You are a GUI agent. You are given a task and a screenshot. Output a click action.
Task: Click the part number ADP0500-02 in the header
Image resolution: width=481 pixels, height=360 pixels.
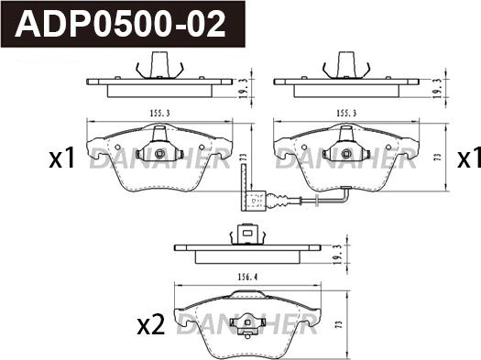[121, 24]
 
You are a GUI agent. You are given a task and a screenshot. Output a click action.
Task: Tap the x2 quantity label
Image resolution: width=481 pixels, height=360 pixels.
[151, 326]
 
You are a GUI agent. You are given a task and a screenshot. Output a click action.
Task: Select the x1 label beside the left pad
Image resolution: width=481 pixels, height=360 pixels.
[62, 158]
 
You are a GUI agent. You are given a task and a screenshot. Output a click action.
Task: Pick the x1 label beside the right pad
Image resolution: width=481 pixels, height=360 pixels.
[469, 158]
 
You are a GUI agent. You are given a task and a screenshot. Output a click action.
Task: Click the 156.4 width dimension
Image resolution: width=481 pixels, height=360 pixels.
[247, 277]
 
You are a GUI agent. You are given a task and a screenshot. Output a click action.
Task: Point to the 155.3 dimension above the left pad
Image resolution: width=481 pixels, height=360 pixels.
[159, 114]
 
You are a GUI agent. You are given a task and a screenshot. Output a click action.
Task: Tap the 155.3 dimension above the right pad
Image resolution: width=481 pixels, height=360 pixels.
[346, 114]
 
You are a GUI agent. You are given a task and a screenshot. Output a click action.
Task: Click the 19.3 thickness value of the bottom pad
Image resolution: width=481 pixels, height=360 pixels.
[338, 255]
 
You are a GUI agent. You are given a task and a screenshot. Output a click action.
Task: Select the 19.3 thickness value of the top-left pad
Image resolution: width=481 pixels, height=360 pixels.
[243, 88]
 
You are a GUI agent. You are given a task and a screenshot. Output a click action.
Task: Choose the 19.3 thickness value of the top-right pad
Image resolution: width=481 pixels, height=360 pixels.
[437, 88]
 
